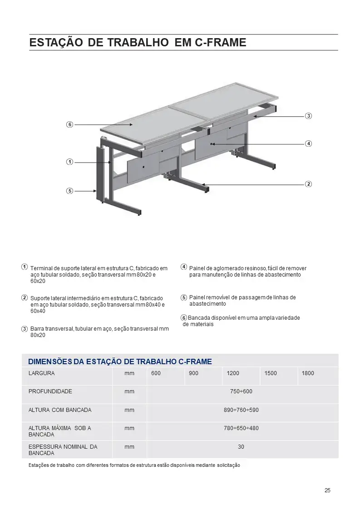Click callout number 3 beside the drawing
click(308, 116)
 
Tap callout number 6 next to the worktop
click(69, 124)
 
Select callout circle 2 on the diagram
click(308, 184)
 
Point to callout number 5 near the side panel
click(69, 191)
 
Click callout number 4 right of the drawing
click(308, 144)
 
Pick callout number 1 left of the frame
click(69, 162)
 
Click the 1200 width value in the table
click(233, 373)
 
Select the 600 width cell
click(156, 373)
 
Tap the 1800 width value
click(308, 373)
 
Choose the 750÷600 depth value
click(241, 391)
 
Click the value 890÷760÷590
click(241, 410)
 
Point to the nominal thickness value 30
click(241, 447)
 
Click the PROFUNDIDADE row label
click(50, 391)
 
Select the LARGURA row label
click(42, 373)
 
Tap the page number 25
click(327, 490)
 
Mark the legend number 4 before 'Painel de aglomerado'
click(184, 267)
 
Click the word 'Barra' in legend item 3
click(37, 329)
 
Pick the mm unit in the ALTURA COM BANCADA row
click(129, 410)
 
